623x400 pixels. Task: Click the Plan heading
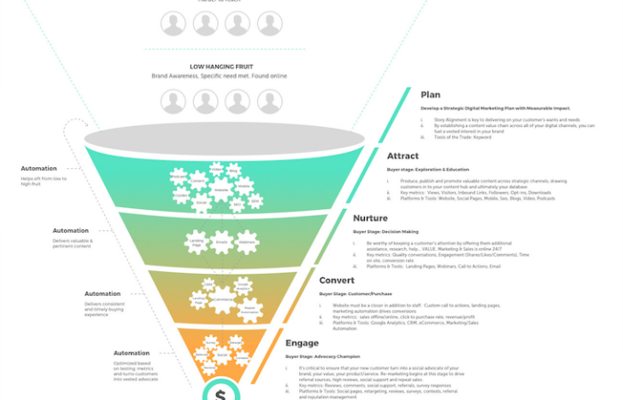(x=431, y=95)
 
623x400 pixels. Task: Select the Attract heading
(x=404, y=156)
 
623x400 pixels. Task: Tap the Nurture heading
(x=370, y=218)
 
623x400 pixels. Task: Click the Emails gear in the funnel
(x=222, y=241)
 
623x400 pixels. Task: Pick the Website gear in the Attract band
(x=221, y=189)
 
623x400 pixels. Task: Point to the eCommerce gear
(x=221, y=299)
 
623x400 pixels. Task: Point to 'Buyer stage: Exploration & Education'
(x=427, y=169)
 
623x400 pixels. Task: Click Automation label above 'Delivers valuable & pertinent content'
(x=70, y=231)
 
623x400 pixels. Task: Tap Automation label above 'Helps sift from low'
(x=39, y=168)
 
